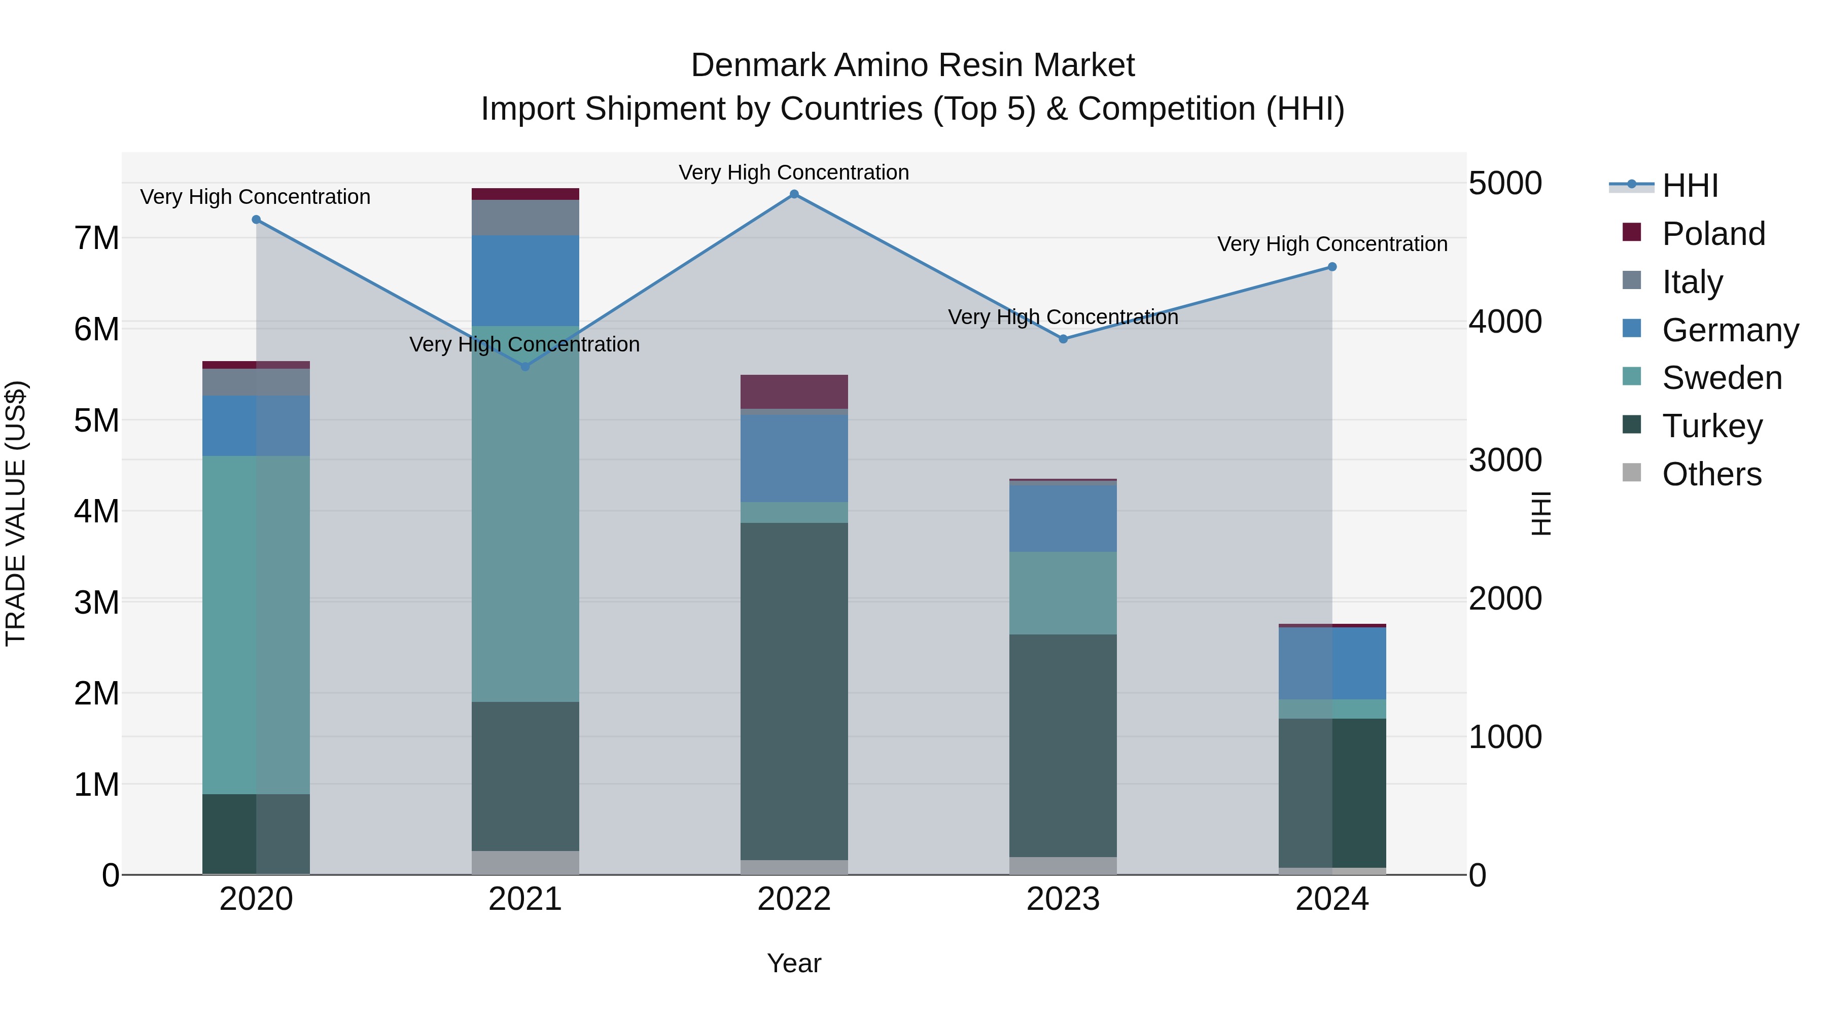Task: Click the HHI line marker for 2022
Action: tap(794, 194)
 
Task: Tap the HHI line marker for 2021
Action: tap(525, 367)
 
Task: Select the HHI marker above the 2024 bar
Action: tap(1332, 266)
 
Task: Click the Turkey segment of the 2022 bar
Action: tap(794, 691)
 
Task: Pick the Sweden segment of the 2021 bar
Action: tap(525, 514)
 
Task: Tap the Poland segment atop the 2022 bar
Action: tap(794, 391)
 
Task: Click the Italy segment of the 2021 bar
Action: tap(525, 218)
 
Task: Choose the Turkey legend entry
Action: tap(1711, 426)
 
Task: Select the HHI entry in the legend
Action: tap(1690, 186)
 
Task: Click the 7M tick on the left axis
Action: tap(96, 238)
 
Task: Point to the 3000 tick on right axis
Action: tap(1504, 460)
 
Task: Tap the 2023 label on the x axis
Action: tap(1063, 899)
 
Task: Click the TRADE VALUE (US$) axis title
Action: tap(16, 513)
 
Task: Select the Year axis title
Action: tap(794, 963)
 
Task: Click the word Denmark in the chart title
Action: tap(758, 65)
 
